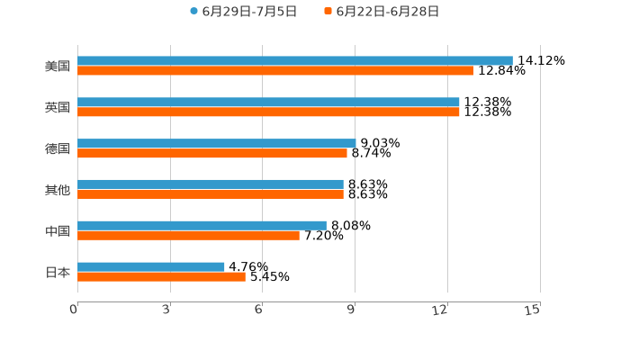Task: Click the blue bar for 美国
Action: click(295, 61)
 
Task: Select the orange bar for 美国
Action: click(275, 71)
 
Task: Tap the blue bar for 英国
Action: click(268, 103)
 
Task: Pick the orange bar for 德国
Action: click(212, 154)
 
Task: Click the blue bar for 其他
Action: click(211, 184)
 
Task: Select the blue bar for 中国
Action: click(202, 226)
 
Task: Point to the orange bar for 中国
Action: click(188, 236)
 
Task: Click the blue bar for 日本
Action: click(151, 267)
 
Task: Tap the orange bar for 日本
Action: click(161, 277)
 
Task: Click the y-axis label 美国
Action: click(58, 67)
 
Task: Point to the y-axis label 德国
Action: click(58, 149)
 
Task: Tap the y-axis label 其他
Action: click(58, 190)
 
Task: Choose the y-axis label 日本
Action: click(58, 273)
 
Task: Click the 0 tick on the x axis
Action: click(75, 310)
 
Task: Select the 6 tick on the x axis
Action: click(258, 310)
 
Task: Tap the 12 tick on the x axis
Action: click(440, 310)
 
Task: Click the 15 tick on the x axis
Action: click(533, 310)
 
